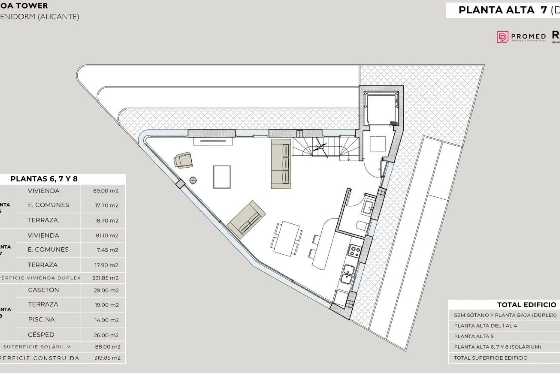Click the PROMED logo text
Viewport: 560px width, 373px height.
tap(528, 37)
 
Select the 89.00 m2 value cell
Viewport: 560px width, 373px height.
tap(106, 191)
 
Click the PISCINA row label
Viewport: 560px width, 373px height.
tap(41, 319)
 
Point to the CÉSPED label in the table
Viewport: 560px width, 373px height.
tap(41, 335)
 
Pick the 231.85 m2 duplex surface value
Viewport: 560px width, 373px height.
tap(105, 278)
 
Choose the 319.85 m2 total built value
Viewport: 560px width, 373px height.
tap(107, 358)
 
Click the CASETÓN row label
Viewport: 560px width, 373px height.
tap(43, 290)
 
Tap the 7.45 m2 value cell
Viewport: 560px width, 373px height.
tap(107, 250)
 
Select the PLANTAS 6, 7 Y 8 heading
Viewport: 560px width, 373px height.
tap(44, 179)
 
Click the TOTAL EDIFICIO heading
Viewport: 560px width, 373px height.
tap(526, 305)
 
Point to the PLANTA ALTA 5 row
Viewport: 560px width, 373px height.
tap(474, 336)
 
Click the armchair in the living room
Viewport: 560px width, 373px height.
tap(183, 160)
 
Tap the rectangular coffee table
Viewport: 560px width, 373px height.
tap(222, 177)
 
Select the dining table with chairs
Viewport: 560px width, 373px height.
tap(287, 239)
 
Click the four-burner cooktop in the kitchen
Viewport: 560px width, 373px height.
tap(355, 251)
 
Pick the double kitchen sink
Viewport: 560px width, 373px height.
tap(347, 275)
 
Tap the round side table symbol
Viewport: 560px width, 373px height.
tap(193, 180)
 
